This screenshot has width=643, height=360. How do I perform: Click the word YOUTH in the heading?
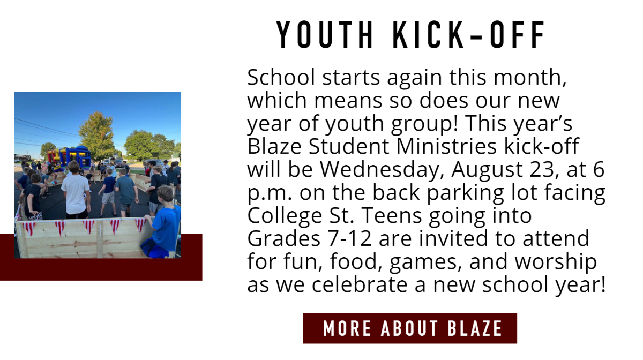coord(324,34)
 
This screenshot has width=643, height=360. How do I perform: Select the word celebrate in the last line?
coord(360,284)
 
